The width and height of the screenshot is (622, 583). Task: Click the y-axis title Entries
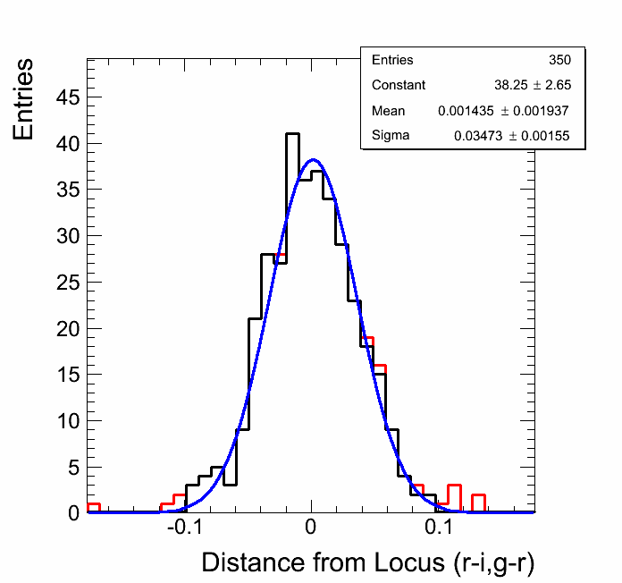24,98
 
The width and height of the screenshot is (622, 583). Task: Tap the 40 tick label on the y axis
68,143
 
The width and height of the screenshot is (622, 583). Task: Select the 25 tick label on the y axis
68,282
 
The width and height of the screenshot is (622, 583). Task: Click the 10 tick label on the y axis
68,420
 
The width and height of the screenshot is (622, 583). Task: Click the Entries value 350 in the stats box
560,60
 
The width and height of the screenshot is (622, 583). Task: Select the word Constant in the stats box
399,85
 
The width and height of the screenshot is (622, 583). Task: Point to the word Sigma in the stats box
391,136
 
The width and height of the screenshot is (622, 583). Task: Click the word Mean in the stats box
388,111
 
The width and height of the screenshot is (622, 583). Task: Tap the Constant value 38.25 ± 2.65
533,85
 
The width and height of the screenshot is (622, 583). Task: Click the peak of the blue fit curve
313,160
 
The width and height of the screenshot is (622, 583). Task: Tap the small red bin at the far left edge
93,507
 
